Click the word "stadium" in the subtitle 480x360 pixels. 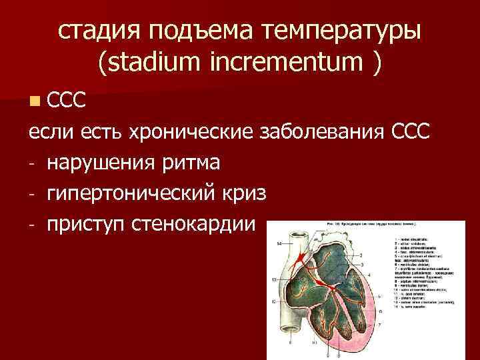point(154,65)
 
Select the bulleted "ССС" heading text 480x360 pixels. point(66,101)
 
